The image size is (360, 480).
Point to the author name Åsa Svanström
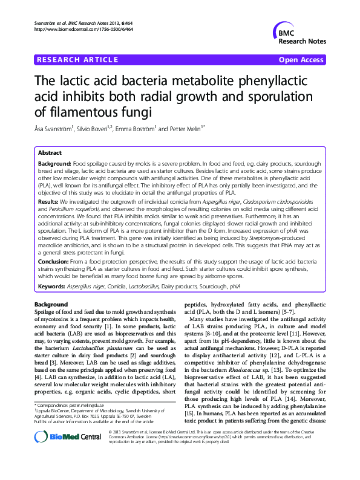[56, 128]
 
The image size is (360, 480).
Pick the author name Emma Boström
[142, 128]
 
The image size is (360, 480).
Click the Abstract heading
[50, 153]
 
